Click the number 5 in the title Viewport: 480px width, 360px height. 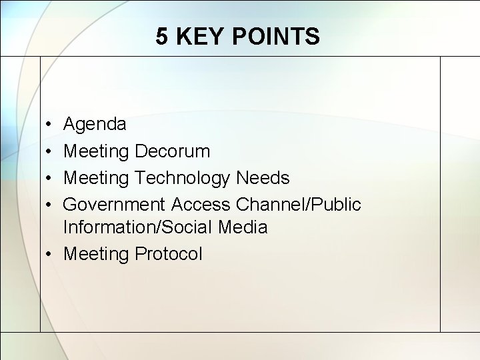162,37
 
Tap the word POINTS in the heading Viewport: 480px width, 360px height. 275,37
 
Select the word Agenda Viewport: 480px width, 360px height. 95,125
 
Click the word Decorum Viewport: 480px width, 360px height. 172,151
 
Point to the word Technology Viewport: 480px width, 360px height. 183,179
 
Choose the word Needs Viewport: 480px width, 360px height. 263,178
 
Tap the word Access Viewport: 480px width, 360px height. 201,205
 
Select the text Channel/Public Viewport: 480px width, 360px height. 299,205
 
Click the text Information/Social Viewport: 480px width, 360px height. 137,227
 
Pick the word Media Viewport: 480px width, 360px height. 243,227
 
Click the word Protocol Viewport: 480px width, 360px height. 168,254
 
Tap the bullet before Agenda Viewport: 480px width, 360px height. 50,125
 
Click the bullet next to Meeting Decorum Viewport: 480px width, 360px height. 50,151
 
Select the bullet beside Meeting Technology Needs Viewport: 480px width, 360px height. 50,178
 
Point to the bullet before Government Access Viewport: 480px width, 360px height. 50,205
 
